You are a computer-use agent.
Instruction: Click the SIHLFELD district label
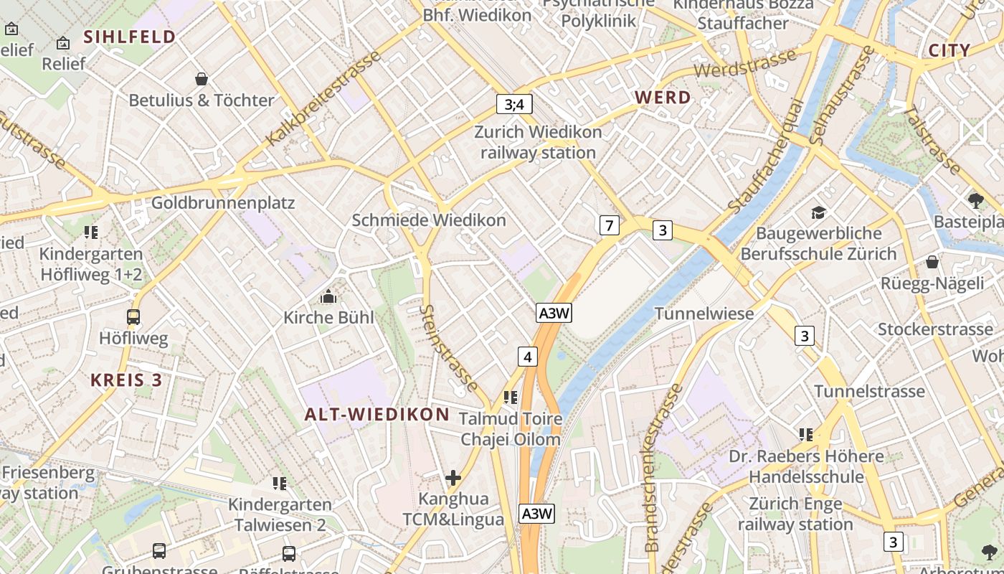click(130, 37)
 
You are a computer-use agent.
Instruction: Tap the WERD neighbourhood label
click(663, 98)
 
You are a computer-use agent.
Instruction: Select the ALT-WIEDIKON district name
click(376, 414)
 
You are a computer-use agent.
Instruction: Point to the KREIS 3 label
click(126, 380)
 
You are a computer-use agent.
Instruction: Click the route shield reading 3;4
click(514, 104)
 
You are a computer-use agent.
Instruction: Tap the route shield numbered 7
click(609, 226)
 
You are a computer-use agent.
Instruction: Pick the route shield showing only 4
click(528, 357)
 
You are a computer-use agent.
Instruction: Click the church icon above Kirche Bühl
click(328, 296)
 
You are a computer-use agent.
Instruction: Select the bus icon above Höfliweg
click(133, 316)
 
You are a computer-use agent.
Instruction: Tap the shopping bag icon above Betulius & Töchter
click(202, 78)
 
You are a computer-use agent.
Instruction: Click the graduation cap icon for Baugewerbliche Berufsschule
click(818, 212)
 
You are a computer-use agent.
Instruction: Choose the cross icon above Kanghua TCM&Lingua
click(453, 477)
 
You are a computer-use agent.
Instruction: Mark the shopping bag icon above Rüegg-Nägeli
click(932, 262)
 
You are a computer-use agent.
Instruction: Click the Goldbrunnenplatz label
click(222, 203)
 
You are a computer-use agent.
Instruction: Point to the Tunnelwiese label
click(704, 314)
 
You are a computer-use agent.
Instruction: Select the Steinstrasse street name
click(450, 348)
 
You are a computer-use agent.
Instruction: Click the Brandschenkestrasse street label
click(662, 468)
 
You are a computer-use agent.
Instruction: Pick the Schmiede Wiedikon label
click(429, 220)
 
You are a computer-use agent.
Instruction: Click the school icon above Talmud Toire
click(511, 397)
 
